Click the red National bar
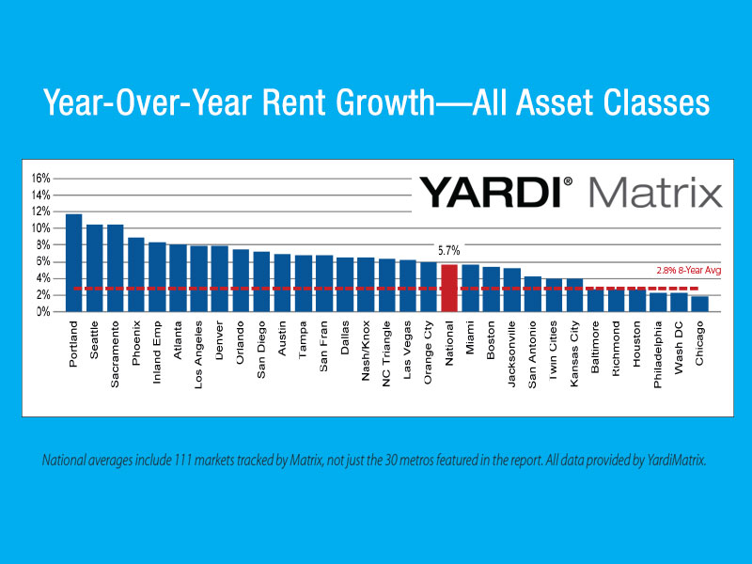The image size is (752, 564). tap(449, 289)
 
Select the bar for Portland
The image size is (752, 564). tap(74, 263)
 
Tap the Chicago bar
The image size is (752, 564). tap(699, 304)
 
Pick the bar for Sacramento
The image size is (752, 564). tap(116, 268)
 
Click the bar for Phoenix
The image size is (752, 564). tap(136, 274)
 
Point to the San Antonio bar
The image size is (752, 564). tap(533, 294)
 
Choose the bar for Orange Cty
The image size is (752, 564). tap(429, 287)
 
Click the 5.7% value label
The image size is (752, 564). tap(449, 250)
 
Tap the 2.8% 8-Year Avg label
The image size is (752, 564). tap(689, 271)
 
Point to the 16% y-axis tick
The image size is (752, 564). tap(40, 179)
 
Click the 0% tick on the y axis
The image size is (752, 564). tap(43, 312)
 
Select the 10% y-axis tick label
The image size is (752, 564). tap(40, 228)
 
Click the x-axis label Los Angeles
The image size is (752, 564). tap(198, 355)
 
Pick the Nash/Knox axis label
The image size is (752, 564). tap(366, 351)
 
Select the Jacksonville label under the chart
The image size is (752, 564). tap(511, 354)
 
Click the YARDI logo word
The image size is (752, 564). tap(491, 193)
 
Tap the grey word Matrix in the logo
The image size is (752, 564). tap(655, 192)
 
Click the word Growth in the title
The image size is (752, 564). tap(385, 102)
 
